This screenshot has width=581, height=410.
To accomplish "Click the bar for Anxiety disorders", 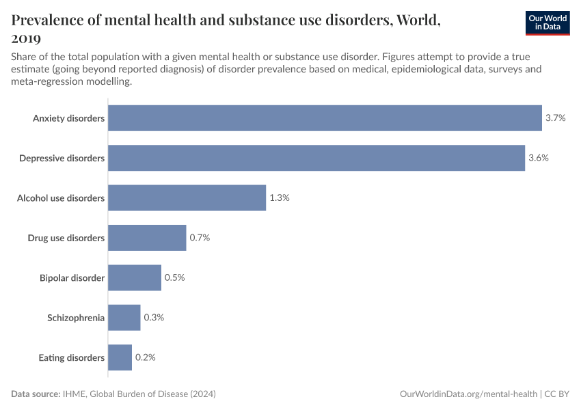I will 325,118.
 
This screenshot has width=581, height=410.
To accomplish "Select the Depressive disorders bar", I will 316,158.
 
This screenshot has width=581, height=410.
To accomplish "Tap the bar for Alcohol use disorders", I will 187,197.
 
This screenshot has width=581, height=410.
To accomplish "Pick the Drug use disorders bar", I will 147,238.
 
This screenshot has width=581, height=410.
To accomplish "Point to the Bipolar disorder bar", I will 135,277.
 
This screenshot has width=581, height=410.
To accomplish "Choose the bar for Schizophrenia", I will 124,318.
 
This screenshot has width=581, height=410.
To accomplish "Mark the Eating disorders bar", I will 120,357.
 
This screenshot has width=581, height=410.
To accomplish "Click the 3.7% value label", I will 555,118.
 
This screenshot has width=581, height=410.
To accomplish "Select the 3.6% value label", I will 539,158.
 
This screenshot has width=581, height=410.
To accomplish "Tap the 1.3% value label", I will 280,198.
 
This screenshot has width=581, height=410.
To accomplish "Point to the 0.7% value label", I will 200,238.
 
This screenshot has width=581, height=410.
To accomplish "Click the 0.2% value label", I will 145,357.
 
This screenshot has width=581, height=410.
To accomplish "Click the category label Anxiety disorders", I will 68,118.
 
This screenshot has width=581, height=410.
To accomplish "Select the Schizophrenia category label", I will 76,318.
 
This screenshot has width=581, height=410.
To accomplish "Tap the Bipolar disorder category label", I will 72,277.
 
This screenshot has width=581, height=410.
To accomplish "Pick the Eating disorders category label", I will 71,357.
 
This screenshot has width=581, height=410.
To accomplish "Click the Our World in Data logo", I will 547,22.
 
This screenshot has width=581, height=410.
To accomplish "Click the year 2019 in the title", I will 26,38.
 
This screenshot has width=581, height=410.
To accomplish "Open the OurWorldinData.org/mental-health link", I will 468,394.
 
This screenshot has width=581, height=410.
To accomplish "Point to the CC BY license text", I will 557,394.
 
